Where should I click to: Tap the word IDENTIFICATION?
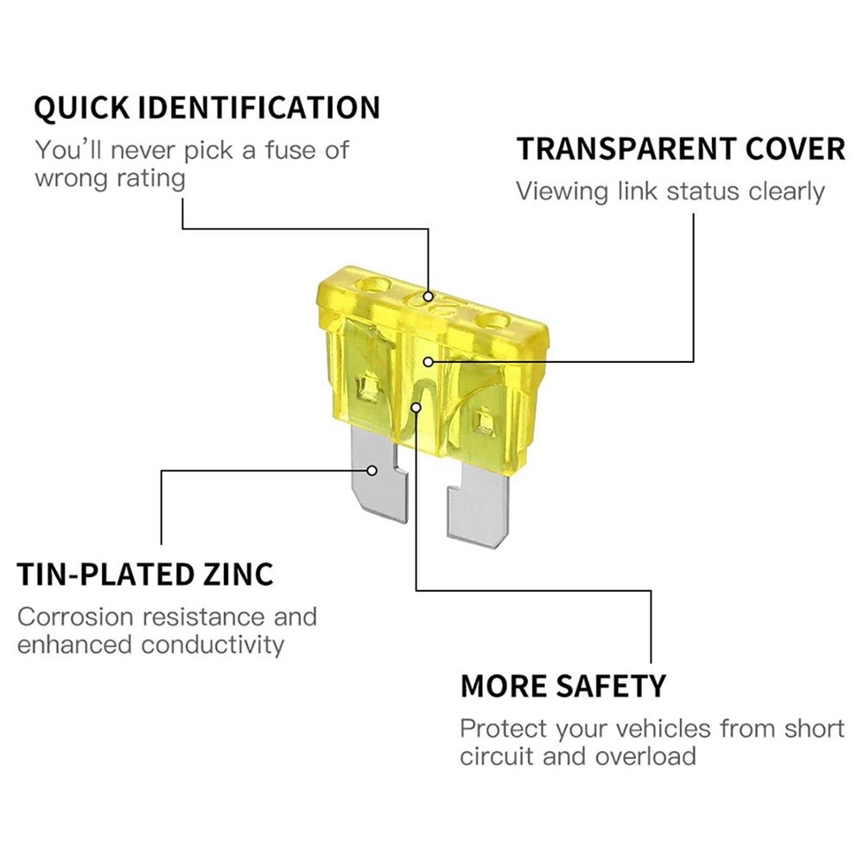[x=259, y=107]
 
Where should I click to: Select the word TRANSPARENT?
[x=626, y=149]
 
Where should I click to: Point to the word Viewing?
[x=562, y=193]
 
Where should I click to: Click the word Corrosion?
[x=75, y=617]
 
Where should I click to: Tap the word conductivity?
[x=213, y=645]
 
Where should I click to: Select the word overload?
[x=645, y=756]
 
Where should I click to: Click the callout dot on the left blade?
[x=372, y=471]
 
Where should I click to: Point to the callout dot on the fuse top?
[x=429, y=297]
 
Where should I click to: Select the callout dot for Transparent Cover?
[x=429, y=362]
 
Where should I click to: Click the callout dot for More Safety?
[x=416, y=407]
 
